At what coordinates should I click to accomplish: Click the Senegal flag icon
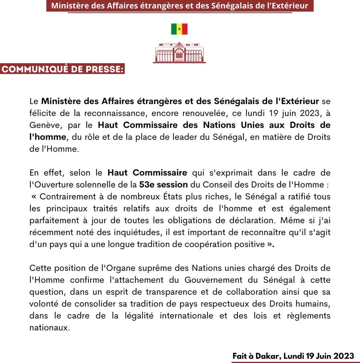click(179, 29)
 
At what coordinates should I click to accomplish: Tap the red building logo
click(179, 52)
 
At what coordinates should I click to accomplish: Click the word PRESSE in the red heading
click(100, 69)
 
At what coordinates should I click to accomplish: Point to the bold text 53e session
click(163, 185)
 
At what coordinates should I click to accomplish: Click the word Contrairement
click(68, 197)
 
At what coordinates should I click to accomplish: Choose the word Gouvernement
click(208, 280)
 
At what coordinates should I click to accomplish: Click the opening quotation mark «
click(34, 197)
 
